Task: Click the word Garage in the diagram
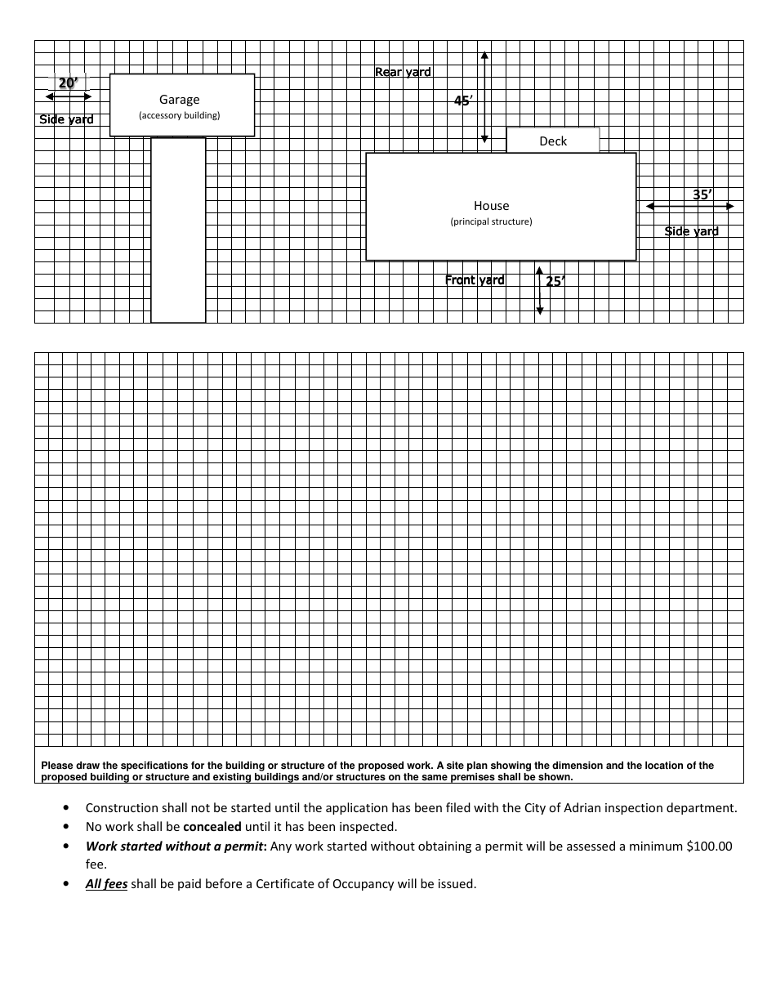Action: pyautogui.click(x=179, y=100)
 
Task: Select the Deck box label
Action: pyautogui.click(x=553, y=141)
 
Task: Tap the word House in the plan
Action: pyautogui.click(x=491, y=206)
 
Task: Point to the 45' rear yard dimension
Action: pyautogui.click(x=463, y=100)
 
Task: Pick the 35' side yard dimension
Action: pyautogui.click(x=702, y=194)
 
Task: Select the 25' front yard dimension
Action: pyautogui.click(x=555, y=281)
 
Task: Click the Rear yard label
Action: pyautogui.click(x=403, y=72)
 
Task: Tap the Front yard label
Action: pyautogui.click(x=475, y=280)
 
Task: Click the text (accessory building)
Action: pyautogui.click(x=179, y=115)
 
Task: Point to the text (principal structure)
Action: pyautogui.click(x=491, y=221)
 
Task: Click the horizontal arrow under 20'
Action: pyautogui.click(x=69, y=97)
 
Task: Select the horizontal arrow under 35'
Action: pyautogui.click(x=690, y=207)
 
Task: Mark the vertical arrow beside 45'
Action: pyautogui.click(x=484, y=97)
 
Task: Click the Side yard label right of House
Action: pyautogui.click(x=691, y=231)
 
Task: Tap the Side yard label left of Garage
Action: pyautogui.click(x=67, y=119)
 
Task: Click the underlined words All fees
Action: pyautogui.click(x=106, y=884)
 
